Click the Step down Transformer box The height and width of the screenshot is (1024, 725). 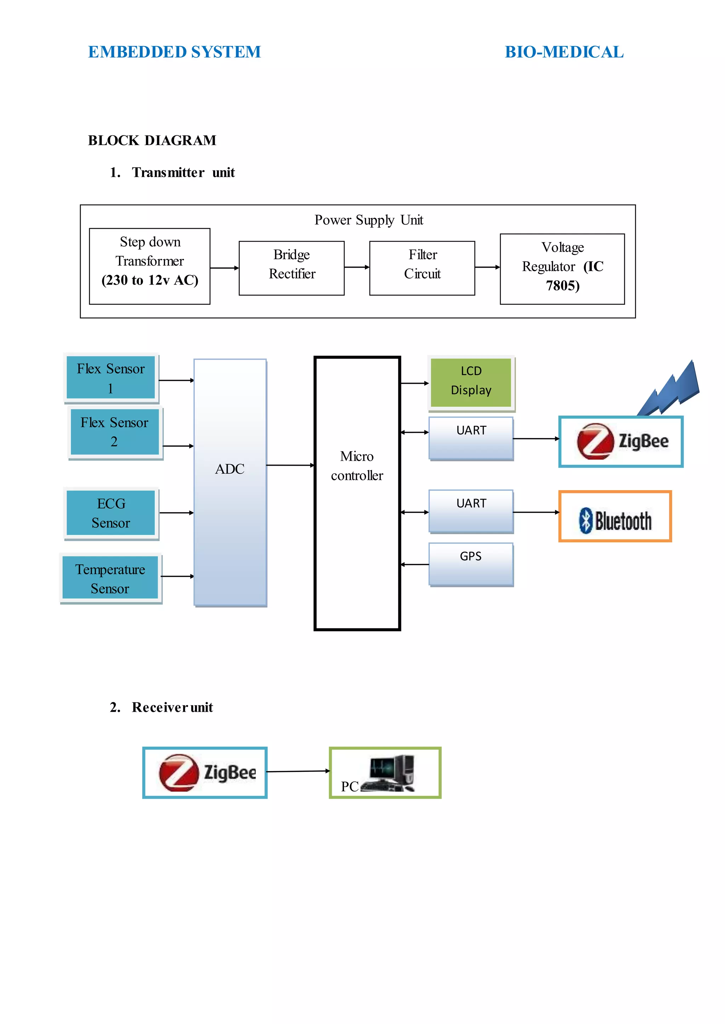(x=149, y=266)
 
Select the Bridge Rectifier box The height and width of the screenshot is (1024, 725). (x=291, y=268)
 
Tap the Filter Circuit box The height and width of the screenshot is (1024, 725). (x=422, y=268)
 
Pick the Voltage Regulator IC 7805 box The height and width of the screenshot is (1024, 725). (x=562, y=269)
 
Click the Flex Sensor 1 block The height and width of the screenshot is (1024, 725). (x=111, y=378)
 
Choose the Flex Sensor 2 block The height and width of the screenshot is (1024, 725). (x=115, y=432)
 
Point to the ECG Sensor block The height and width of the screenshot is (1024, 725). (x=111, y=513)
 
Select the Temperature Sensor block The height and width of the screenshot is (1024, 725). (x=110, y=578)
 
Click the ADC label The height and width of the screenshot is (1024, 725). (x=229, y=469)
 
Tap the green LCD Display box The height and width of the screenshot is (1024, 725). (x=471, y=383)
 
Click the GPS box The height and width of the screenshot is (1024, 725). (x=471, y=564)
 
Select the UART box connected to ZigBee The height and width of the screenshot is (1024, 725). (x=471, y=438)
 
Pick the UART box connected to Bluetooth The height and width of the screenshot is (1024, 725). (x=471, y=512)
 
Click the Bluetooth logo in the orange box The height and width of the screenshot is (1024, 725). (x=615, y=520)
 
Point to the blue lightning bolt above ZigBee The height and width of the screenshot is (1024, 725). (x=668, y=389)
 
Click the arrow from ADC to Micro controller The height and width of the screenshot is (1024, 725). (x=291, y=465)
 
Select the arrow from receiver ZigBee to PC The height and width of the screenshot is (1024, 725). (x=298, y=771)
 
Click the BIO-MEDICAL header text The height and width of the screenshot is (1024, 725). (x=564, y=52)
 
